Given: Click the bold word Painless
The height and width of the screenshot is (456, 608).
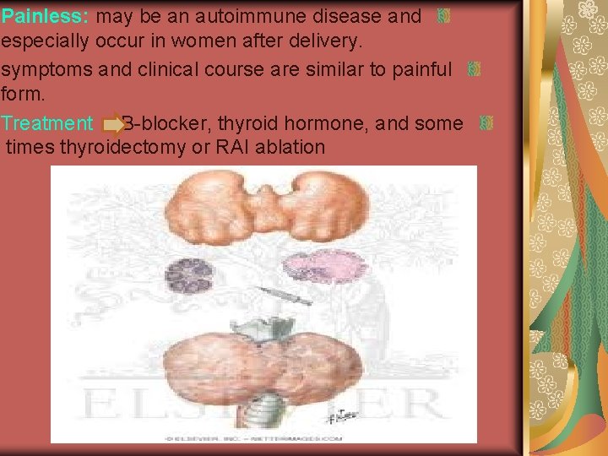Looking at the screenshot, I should pyautogui.click(x=46, y=16).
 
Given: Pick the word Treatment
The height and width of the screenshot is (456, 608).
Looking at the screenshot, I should pyautogui.click(x=46, y=124).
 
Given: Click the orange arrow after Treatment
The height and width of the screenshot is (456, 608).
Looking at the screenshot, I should pyautogui.click(x=113, y=125).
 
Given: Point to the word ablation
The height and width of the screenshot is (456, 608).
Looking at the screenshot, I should pyautogui.click(x=296, y=147).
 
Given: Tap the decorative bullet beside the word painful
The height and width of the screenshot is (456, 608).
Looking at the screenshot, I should pyautogui.click(x=474, y=69).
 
